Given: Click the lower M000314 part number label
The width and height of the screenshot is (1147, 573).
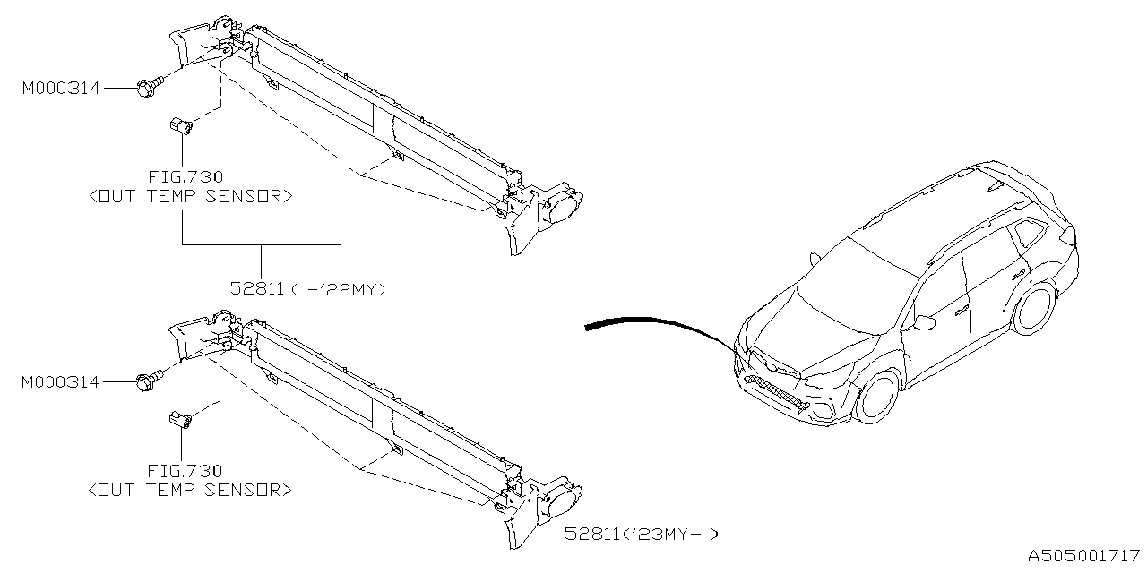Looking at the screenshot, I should pos(62,382).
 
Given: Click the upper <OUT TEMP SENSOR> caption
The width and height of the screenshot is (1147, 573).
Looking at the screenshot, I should pos(190,196).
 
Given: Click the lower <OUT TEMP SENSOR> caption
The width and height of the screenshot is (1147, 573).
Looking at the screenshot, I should pos(190,490).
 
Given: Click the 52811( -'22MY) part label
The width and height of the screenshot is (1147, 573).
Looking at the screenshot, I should pos(307,289).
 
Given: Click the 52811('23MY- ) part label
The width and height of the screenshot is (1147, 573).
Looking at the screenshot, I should pos(641,535).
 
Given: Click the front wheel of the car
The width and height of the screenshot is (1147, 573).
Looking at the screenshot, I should pos(877,397).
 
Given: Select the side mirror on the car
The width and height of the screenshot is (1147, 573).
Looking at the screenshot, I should pos(925,321).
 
